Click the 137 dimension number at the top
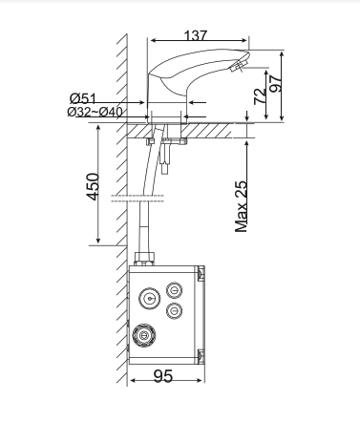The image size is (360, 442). point(195,35)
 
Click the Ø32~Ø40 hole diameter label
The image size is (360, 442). point(95,112)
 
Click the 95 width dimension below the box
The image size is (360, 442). point(163,377)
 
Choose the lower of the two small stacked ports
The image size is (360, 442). point(175,310)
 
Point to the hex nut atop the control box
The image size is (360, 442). point(145,257)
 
